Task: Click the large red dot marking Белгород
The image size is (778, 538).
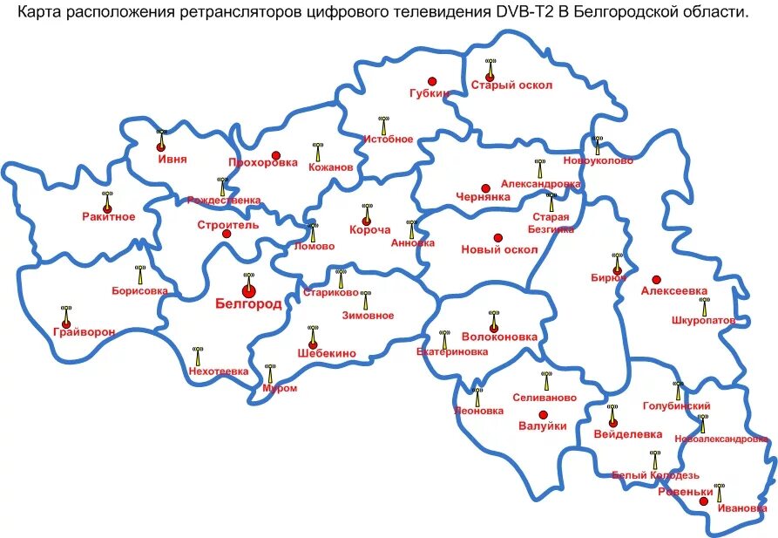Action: coord(248,290)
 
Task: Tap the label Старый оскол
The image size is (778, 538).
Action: coord(504,85)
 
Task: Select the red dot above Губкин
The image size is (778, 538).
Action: coord(431,81)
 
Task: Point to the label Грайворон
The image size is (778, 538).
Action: coord(84,331)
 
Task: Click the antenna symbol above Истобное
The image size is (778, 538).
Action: coord(382,126)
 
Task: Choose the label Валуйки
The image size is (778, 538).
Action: coord(542,426)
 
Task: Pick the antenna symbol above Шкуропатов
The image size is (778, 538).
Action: coord(704,305)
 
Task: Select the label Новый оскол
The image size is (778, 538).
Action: coord(499,249)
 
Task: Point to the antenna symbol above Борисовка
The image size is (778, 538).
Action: coord(139,275)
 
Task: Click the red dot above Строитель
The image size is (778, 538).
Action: coord(227,234)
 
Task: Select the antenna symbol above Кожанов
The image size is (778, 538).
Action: coord(316,152)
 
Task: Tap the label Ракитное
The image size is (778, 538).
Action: coord(109,216)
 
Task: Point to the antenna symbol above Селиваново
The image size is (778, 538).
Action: coord(546,380)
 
